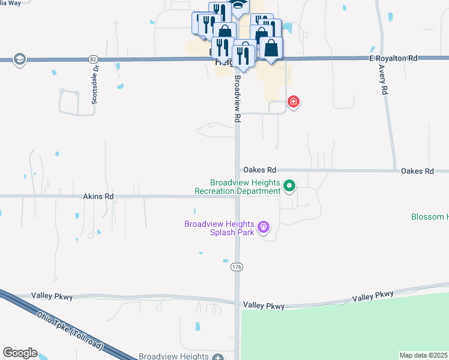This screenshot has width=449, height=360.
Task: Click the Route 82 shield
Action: [92, 59]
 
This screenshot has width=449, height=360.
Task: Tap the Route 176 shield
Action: [237, 266]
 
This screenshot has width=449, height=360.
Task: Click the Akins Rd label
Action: [98, 196]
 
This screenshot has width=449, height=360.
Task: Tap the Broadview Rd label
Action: [238, 99]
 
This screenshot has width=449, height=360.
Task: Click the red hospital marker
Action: [294, 102]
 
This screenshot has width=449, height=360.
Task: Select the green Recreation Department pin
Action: [289, 187]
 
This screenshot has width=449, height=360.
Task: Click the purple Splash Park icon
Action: [263, 227]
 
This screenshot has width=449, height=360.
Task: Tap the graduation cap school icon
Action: [19, 59]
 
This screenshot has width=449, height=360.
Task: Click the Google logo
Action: [20, 352]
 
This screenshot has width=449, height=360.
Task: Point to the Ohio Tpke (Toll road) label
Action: [70, 331]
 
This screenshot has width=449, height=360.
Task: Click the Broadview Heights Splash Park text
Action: [219, 228]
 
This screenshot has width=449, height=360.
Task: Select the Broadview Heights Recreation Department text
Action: [238, 187]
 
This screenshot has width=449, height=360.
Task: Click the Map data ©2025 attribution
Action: [424, 355]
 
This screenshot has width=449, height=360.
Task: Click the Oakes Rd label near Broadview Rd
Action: [259, 170]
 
